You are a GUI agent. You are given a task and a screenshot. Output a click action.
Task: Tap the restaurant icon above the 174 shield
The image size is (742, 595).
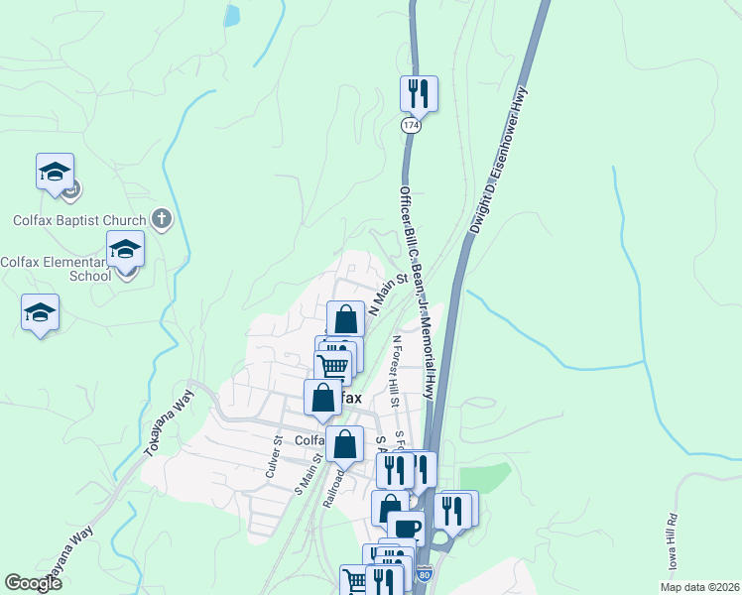[x=419, y=94]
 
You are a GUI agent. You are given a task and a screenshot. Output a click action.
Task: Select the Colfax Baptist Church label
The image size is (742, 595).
[x=81, y=219]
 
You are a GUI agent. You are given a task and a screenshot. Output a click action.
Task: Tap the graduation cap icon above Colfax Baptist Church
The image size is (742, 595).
[x=56, y=172]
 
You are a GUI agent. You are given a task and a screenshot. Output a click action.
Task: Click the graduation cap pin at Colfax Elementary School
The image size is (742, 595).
[x=125, y=249]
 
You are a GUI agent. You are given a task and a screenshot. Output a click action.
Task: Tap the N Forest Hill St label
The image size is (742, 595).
[x=396, y=371]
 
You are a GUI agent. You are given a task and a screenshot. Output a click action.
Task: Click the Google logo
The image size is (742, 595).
[x=34, y=583]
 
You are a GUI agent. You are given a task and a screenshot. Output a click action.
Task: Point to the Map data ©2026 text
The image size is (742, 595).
[x=698, y=587]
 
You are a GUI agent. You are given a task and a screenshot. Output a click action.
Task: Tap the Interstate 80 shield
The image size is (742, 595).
[x=425, y=574]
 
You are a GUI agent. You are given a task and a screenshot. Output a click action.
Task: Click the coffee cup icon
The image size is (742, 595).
[x=405, y=528]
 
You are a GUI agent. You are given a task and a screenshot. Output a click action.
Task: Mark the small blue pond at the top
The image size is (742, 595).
[x=232, y=15]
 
